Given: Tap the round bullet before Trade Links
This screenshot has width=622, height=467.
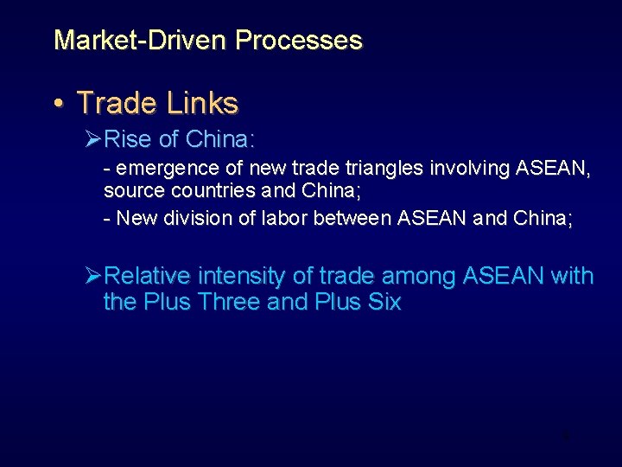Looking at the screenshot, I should pyautogui.click(x=58, y=104).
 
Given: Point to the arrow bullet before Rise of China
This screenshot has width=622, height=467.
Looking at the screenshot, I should pyautogui.click(x=93, y=139).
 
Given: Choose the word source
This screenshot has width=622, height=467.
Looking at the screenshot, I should pyautogui.click(x=129, y=190).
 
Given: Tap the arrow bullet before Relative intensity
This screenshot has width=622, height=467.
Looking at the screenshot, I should pyautogui.click(x=93, y=277).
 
